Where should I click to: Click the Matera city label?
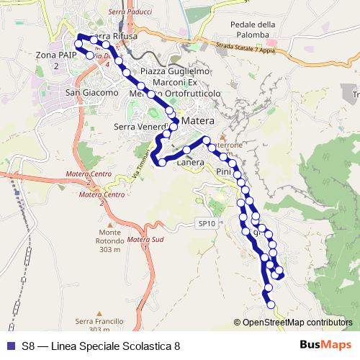199,122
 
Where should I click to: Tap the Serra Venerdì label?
140,127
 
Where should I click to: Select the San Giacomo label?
91,93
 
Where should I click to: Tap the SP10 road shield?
207,224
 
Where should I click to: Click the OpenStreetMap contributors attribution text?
297,322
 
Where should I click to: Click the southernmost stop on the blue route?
271,305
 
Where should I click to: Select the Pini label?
222,173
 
